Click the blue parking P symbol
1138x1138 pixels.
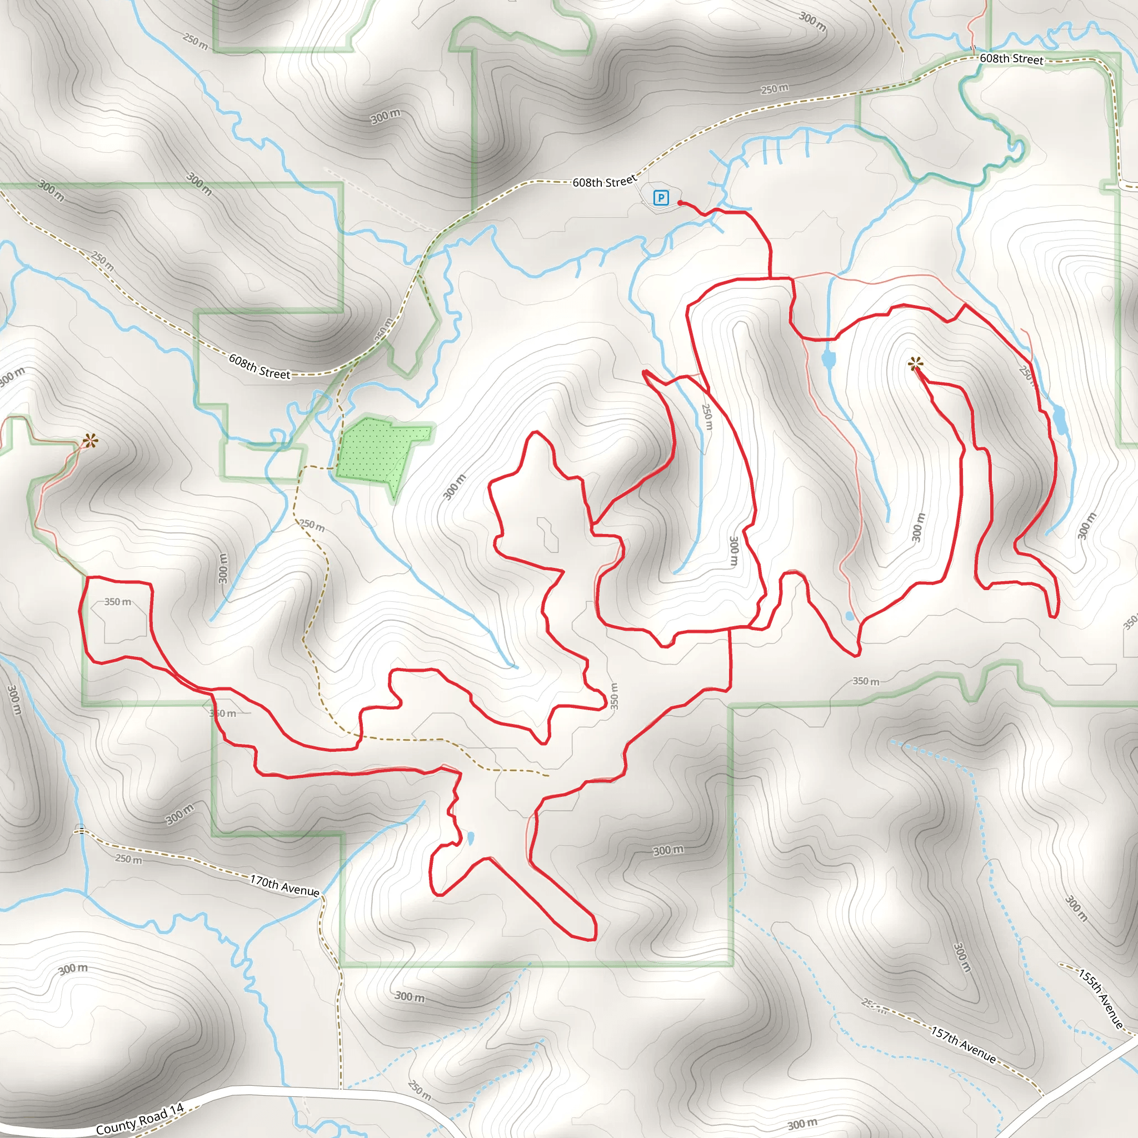(661, 198)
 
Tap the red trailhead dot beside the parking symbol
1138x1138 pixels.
(680, 203)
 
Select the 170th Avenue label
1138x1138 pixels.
(284, 885)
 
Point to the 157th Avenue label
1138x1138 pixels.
(963, 1044)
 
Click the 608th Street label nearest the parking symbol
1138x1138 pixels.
(605, 181)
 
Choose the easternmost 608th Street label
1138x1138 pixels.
(1011, 59)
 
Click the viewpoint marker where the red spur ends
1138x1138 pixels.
(914, 365)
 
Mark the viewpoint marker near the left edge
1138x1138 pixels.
(89, 440)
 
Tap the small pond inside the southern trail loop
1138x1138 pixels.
(471, 837)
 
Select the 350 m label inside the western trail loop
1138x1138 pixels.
(118, 602)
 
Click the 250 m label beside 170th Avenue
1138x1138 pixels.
(128, 860)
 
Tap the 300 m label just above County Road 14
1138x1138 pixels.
(73, 969)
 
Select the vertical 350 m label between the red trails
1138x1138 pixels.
(614, 696)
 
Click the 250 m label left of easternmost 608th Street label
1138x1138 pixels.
(775, 89)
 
